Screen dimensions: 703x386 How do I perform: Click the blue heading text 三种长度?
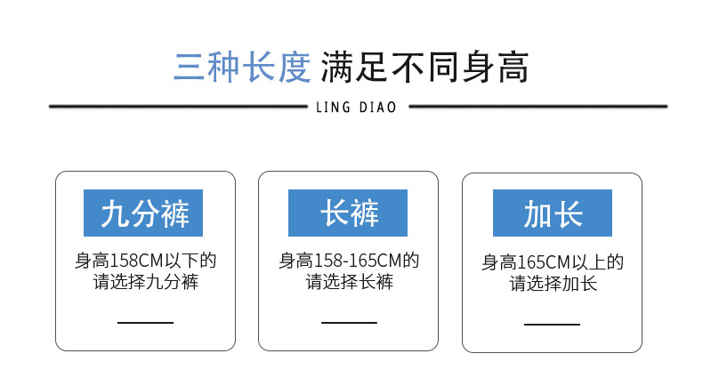(241, 67)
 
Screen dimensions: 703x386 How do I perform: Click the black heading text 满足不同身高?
(424, 67)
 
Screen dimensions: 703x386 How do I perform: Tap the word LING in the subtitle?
(334, 109)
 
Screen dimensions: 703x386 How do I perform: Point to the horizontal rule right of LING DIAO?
(537, 107)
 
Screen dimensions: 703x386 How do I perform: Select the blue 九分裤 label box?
(143, 213)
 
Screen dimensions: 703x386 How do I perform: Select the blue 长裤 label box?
(348, 213)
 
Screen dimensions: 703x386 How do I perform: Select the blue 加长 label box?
(553, 214)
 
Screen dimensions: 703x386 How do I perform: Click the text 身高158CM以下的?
(145, 261)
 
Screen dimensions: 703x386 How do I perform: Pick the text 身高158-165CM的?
(349, 261)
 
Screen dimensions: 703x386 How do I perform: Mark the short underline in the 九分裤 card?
(145, 322)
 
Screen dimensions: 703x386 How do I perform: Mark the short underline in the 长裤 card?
(349, 322)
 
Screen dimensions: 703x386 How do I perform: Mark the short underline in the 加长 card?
(552, 324)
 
